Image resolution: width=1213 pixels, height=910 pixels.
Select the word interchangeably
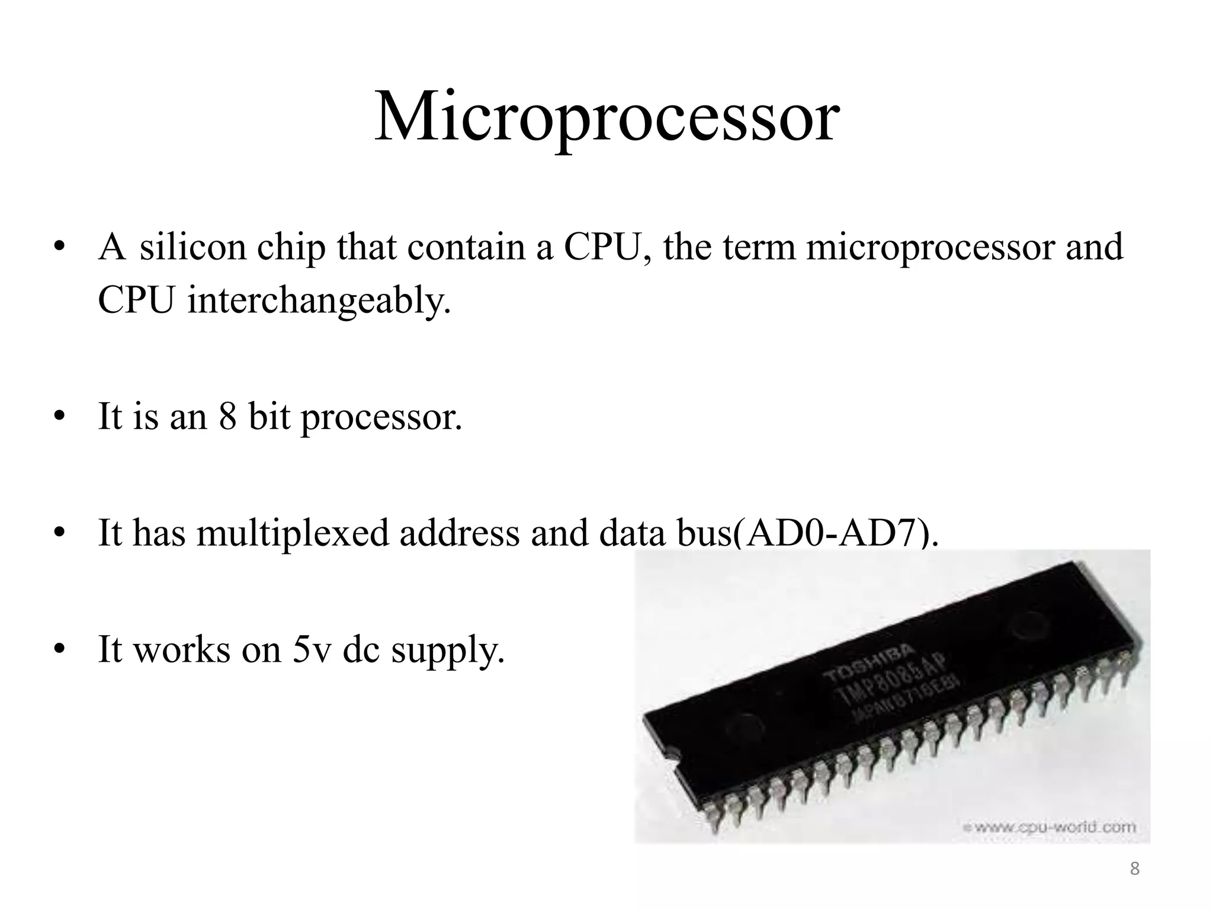click(319, 300)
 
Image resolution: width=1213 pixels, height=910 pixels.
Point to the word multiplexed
click(292, 532)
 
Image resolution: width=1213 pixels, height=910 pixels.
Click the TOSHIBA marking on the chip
click(869, 665)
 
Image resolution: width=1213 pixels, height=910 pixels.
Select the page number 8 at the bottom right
click(1134, 869)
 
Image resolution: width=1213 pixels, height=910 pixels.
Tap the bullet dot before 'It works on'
click(58, 651)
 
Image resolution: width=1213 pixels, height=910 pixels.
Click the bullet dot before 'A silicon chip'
click(58, 248)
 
